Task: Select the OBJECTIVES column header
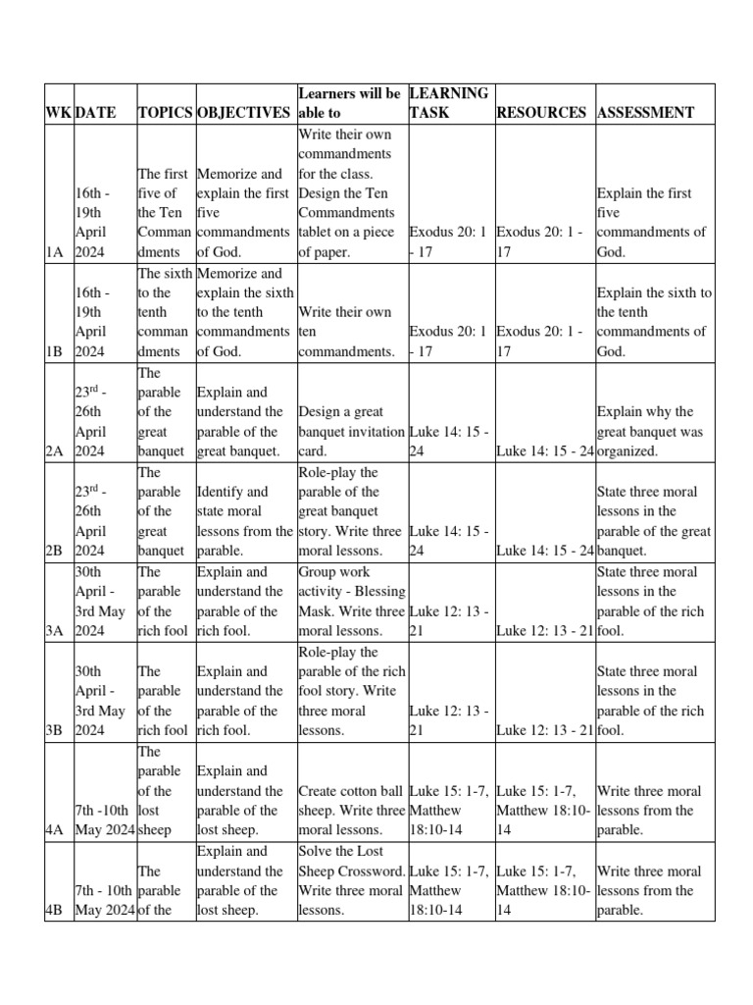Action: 244,112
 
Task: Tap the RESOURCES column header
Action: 542,112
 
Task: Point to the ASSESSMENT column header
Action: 645,112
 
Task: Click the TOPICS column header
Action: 165,112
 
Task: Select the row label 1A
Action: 54,252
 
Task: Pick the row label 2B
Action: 54,551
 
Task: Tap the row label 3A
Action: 54,630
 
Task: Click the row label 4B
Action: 54,910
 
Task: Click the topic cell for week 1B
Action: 165,312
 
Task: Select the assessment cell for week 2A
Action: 655,432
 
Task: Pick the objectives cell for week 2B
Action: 244,511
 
